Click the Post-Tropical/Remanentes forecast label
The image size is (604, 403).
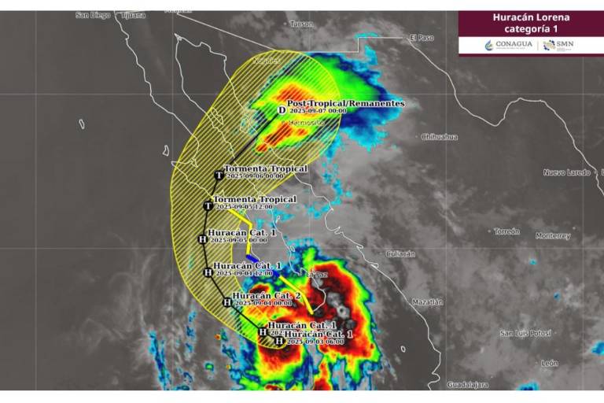pyautogui.click(x=345, y=104)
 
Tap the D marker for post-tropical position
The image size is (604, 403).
pyautogui.click(x=282, y=110)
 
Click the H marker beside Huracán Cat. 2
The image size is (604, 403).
pyautogui.click(x=227, y=301)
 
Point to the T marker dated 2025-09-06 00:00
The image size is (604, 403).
pyautogui.click(x=219, y=176)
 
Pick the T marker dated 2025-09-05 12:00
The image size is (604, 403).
pyautogui.click(x=208, y=205)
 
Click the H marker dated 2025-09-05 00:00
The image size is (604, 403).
pyautogui.click(x=202, y=238)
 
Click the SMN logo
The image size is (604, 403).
pyautogui.click(x=560, y=45)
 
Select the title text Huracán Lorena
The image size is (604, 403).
pyautogui.click(x=531, y=17)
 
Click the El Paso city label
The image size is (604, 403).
pyautogui.click(x=422, y=38)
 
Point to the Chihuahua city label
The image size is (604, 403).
pyautogui.click(x=440, y=137)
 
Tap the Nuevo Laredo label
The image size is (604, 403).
pyautogui.click(x=566, y=172)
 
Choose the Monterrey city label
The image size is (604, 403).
pyautogui.click(x=552, y=235)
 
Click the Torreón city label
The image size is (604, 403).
pyautogui.click(x=506, y=231)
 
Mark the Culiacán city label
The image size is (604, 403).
pyautogui.click(x=400, y=253)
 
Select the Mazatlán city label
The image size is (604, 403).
pyautogui.click(x=427, y=301)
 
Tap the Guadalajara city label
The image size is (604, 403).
pyautogui.click(x=467, y=385)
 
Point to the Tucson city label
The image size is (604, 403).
pyautogui.click(x=301, y=24)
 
